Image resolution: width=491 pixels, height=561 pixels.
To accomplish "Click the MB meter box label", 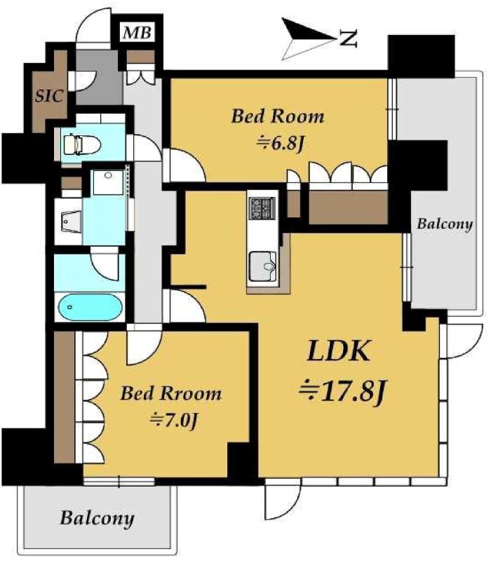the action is pos(137,33).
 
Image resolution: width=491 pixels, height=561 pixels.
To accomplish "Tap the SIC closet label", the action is pos(49,96).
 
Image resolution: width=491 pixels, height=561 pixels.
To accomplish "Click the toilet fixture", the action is pos(81,144).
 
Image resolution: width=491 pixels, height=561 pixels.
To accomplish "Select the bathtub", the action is pos(90,307).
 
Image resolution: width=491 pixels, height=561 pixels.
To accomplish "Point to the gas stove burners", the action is pos(262,208).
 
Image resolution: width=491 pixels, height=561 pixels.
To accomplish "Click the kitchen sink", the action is pos(263,266).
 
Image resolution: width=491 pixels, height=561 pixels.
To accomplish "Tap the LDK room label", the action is pos(339,351).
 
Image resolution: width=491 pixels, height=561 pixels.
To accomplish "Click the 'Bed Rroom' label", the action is pos(170,393).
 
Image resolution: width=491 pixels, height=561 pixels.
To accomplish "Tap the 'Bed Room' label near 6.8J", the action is pos(278,116).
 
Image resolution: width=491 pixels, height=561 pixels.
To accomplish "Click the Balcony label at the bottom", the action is pos(97,518).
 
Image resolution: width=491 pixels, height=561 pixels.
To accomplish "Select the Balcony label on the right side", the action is pos(445,224).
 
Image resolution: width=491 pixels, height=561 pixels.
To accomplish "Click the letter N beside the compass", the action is pos(348,39).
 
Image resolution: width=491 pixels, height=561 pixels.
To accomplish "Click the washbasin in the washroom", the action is pos(72,222).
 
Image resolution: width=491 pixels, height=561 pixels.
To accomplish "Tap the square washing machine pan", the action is pos(108,182).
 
